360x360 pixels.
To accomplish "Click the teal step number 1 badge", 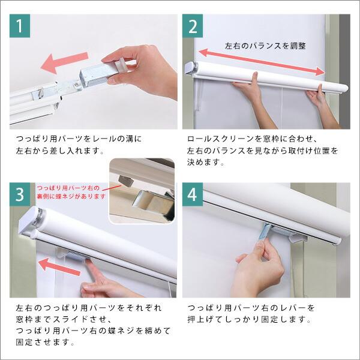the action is click(20, 26).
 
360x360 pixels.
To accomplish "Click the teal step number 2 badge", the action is click(193, 26).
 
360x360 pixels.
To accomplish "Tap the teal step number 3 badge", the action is click(20, 194).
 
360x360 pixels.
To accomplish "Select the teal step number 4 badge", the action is click(193, 194).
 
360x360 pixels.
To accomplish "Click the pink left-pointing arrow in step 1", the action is click(64, 62).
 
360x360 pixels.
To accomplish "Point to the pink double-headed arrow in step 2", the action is click(262, 62).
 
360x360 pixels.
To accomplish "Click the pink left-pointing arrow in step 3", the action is click(59, 266).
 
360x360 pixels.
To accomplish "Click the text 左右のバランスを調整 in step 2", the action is click(265, 46).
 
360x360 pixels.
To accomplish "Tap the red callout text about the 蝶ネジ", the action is click(71, 192).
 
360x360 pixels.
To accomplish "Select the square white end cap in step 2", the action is click(191, 68).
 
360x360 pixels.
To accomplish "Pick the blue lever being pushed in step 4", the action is click(265, 232).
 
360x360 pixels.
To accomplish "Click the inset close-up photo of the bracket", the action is click(142, 191).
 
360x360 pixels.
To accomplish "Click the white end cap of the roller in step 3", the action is click(28, 220).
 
